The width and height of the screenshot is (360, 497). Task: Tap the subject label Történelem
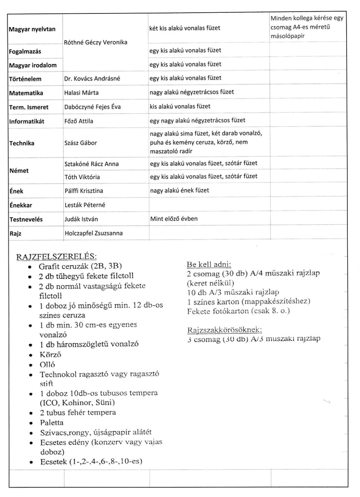[x=25, y=79]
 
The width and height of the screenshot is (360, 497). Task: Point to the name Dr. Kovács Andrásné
[x=92, y=78]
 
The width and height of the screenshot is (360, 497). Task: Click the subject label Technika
[x=21, y=143]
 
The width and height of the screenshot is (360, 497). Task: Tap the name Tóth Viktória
[x=82, y=177]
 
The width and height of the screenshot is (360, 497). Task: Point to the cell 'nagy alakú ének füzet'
[x=179, y=191]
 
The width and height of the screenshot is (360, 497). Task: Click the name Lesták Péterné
[x=84, y=205]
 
